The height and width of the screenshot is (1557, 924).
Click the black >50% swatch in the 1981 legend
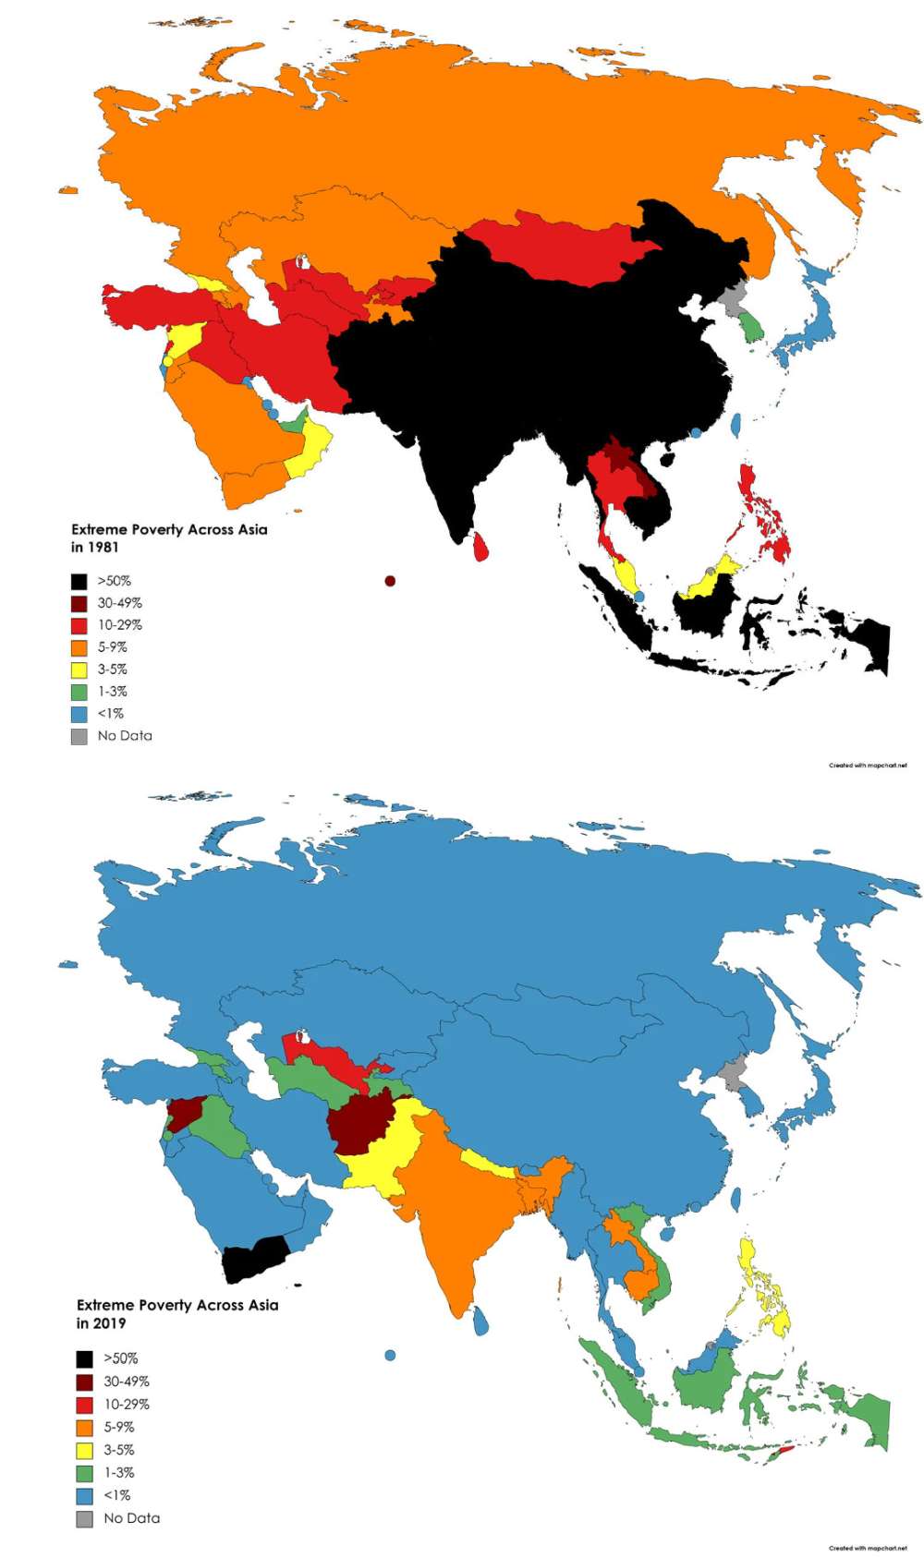(79, 581)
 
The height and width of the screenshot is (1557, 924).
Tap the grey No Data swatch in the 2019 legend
(84, 1518)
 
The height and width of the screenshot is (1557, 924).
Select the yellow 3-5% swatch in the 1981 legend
(79, 670)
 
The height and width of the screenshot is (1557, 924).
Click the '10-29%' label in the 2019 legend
(126, 1404)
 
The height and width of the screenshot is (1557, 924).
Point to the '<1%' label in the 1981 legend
(110, 714)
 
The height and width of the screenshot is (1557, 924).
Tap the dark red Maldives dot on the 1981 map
(390, 581)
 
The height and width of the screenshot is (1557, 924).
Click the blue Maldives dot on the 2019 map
(390, 1356)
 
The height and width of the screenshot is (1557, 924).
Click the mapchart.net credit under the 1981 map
(868, 765)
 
